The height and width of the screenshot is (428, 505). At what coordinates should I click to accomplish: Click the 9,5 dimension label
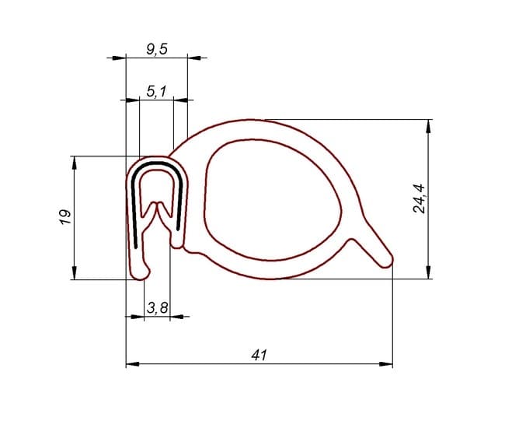tap(157, 49)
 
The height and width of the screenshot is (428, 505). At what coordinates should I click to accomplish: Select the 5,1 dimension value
tap(157, 92)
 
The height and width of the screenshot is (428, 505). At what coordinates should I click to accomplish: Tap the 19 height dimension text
tap(65, 217)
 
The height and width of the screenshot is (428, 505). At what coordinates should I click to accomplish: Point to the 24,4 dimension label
tap(419, 198)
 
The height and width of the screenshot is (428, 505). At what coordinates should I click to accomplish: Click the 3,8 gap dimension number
tap(157, 307)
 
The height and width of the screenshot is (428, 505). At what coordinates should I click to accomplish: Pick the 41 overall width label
tap(259, 355)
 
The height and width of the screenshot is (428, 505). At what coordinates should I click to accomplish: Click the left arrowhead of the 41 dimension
tap(132, 364)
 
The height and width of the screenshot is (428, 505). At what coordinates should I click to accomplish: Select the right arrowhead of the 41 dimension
tap(386, 364)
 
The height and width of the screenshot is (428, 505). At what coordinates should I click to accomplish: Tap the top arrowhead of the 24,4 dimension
tap(428, 126)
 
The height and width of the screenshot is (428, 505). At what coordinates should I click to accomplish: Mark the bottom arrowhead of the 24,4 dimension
tap(428, 272)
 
